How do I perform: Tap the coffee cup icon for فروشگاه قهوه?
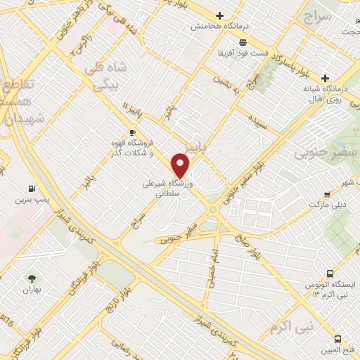click(x=132, y=132)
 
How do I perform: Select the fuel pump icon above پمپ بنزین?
click(x=31, y=188)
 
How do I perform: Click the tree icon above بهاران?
click(x=31, y=278)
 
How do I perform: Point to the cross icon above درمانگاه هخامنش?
click(x=219, y=15)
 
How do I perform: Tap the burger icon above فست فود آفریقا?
click(x=243, y=43)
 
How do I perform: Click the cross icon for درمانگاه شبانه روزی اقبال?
click(x=325, y=78)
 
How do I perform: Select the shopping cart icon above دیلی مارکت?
click(x=327, y=195)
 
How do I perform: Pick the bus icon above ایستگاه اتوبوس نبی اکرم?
click(x=330, y=273)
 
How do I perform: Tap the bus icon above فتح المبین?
click(x=338, y=339)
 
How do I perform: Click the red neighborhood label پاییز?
click(x=195, y=146)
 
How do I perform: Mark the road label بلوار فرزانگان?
click(x=82, y=285)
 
